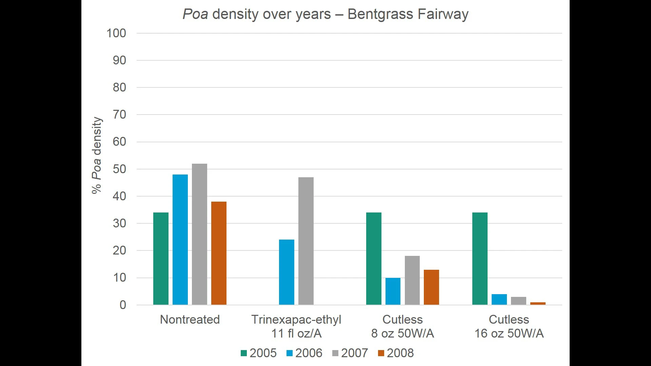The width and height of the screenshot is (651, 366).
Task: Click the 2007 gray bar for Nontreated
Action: click(x=199, y=234)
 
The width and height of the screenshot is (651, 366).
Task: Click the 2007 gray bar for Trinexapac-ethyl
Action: click(x=306, y=241)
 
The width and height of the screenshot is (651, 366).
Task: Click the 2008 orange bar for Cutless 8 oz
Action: click(x=431, y=287)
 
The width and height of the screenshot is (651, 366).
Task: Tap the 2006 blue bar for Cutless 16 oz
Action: click(x=499, y=300)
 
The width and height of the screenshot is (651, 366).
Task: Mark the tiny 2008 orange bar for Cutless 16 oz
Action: click(x=538, y=303)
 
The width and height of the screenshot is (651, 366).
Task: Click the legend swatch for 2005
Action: click(x=243, y=353)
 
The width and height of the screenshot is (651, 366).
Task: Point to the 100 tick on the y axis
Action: click(x=116, y=33)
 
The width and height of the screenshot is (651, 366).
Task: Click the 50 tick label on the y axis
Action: click(x=119, y=169)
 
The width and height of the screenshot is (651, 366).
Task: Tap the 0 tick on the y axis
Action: click(x=123, y=305)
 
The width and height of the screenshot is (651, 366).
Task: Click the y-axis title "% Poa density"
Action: click(x=97, y=156)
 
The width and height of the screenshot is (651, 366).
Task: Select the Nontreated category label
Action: click(x=190, y=320)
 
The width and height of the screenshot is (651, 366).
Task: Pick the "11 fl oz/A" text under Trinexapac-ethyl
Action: click(x=296, y=333)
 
